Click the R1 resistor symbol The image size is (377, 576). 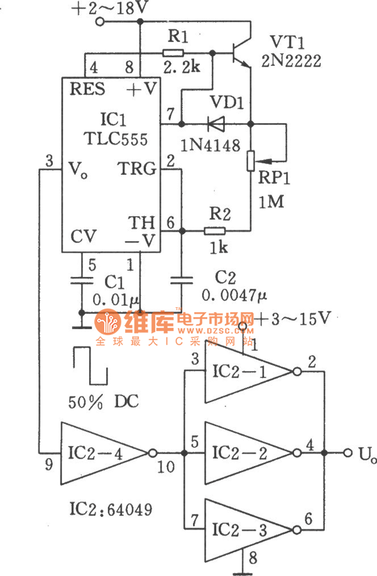point(173,53)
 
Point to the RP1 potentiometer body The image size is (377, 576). point(249,160)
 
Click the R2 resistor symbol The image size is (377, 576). point(215,231)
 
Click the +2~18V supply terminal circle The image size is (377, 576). point(99,22)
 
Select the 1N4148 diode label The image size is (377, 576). point(209,146)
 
